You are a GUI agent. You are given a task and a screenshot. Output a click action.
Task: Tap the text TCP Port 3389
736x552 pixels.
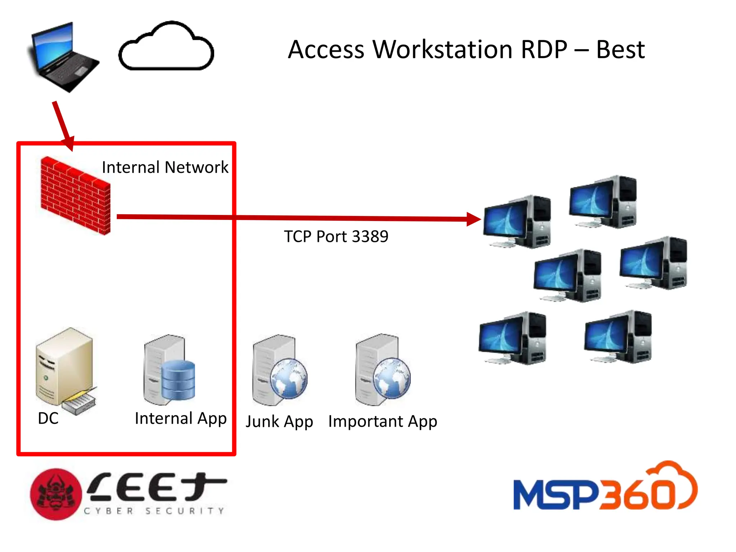[x=336, y=236]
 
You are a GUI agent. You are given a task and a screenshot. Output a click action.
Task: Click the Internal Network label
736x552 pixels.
[x=165, y=167]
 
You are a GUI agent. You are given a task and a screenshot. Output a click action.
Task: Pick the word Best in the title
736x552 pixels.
[x=620, y=50]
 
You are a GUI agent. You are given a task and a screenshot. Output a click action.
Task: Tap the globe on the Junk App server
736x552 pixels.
[x=289, y=378]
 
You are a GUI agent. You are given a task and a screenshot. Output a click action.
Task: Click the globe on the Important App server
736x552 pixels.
[x=392, y=378]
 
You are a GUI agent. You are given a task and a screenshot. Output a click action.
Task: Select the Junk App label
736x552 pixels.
[x=279, y=421]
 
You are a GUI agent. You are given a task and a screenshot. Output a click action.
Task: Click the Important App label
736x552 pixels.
[x=382, y=421]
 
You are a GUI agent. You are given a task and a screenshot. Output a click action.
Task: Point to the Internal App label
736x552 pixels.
[x=181, y=418]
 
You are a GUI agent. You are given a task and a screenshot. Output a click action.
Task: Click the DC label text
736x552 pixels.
[x=48, y=418]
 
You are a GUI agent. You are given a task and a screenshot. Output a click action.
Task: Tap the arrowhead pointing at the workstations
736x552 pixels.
[x=474, y=219]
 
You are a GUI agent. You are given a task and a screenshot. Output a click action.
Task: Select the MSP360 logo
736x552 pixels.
[x=605, y=489]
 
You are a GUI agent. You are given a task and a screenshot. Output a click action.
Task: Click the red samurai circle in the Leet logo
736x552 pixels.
[x=56, y=494]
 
